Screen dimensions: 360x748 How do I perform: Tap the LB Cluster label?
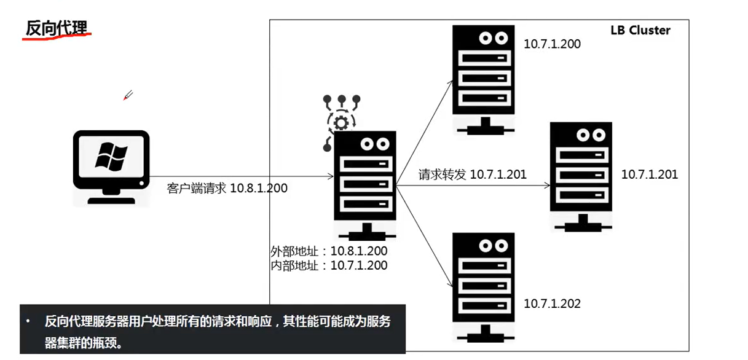coord(640,30)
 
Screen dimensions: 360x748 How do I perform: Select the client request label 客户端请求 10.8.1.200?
coord(227,189)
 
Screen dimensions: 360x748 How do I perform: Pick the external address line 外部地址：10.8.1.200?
coord(329,251)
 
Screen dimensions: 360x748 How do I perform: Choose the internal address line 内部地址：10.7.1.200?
coord(329,265)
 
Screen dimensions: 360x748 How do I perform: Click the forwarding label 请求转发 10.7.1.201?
coord(472,174)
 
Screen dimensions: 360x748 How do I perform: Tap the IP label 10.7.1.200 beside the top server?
coord(551,44)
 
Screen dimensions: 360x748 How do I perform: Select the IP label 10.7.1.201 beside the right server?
coord(649,174)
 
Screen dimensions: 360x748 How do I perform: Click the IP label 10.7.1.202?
coord(551,303)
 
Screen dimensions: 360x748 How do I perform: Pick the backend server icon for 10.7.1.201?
coord(580,176)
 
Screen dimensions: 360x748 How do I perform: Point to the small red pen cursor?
coord(128,95)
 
